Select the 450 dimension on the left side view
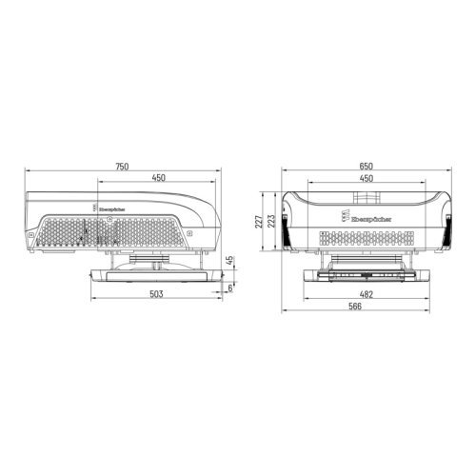[x=157, y=177]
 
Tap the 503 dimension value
[x=157, y=295]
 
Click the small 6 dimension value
[x=229, y=285]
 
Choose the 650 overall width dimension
[x=367, y=167]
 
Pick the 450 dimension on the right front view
[x=367, y=177]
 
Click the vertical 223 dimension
[x=272, y=222]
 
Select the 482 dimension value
[x=367, y=295]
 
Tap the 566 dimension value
[x=367, y=308]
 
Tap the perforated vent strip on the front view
[x=367, y=234]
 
